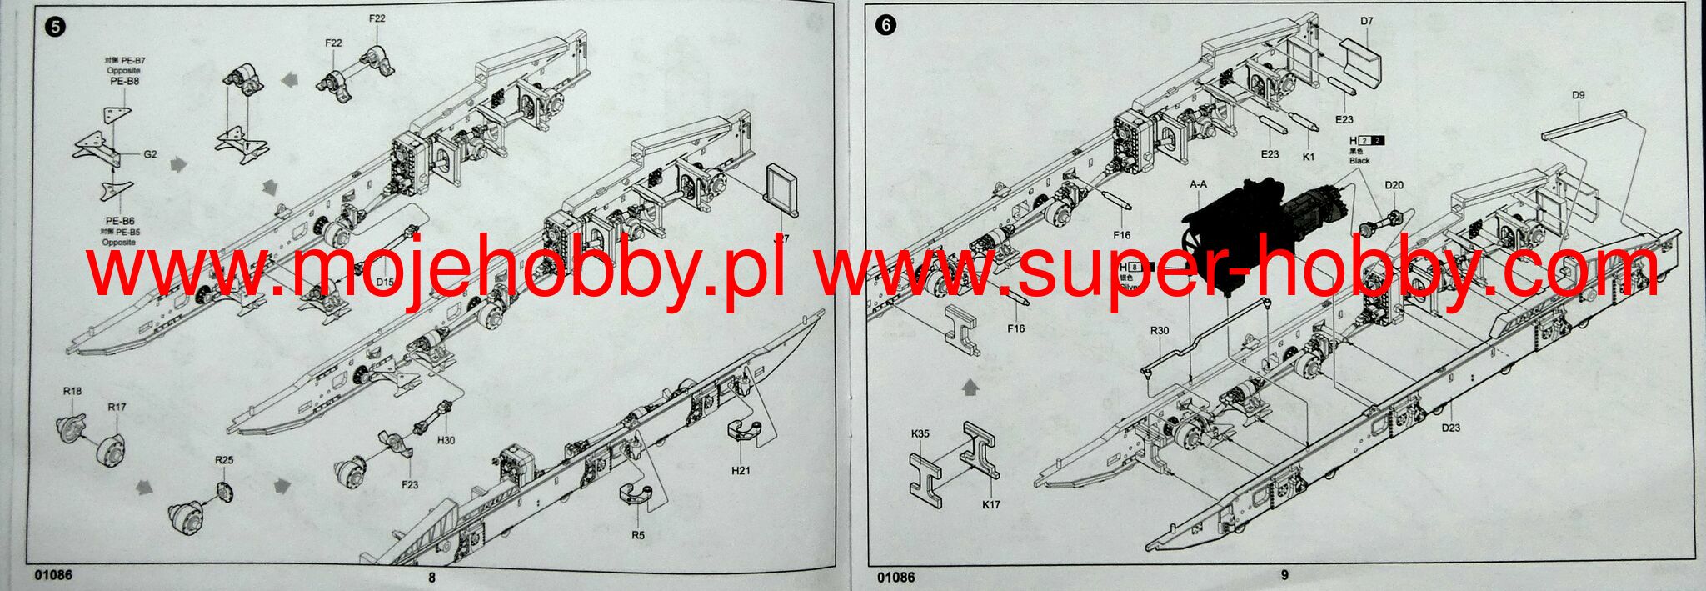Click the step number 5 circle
[x=56, y=26]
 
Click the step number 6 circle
[x=885, y=26]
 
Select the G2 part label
[x=151, y=154]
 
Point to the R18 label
[x=72, y=391]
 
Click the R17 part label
[x=117, y=407]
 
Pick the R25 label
[x=224, y=459]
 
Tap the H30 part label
[x=446, y=440]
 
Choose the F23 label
[x=410, y=484]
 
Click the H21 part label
[x=741, y=470]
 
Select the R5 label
[x=638, y=535]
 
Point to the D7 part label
[x=1367, y=21]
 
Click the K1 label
[x=1308, y=156]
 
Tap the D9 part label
[x=1579, y=95]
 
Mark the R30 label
[x=1160, y=331]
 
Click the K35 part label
[x=920, y=433]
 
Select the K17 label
[x=991, y=503]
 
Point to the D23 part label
[x=1451, y=428]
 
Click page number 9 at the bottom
[x=1284, y=574]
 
